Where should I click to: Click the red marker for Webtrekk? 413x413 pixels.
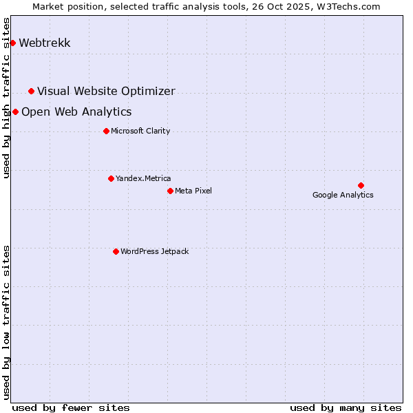point(12,43)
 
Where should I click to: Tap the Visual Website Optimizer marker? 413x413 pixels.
point(31,91)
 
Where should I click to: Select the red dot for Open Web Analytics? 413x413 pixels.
point(15,112)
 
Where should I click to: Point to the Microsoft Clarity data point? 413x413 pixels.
point(106,131)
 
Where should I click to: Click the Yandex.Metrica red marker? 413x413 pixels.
point(111,178)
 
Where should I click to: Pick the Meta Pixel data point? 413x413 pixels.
point(170,191)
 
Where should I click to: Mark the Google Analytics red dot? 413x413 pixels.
point(361,185)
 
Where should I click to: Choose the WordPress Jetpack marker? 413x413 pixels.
point(116,251)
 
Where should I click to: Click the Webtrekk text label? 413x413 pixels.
point(45,43)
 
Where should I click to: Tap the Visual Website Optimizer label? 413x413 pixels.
point(106,91)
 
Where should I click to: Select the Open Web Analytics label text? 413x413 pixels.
point(76,112)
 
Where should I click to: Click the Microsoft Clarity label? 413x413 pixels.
point(140,131)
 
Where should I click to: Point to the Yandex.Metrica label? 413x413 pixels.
point(143,178)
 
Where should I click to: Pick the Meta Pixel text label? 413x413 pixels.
point(193,191)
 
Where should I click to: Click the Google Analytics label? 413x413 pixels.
point(343,195)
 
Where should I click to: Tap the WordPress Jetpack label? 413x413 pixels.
point(154,251)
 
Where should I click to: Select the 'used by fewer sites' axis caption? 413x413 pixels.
point(71,407)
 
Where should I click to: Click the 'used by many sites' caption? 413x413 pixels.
point(346,407)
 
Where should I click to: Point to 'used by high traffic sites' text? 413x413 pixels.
point(6,98)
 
